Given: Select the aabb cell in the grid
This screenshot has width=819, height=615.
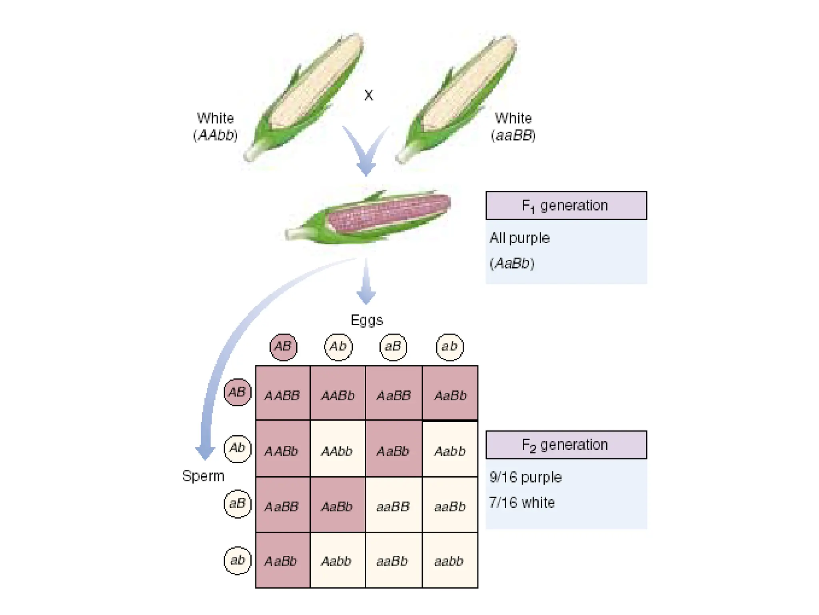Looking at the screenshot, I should click(x=449, y=561).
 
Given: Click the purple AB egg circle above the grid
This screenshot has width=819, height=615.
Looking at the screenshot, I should click(x=283, y=347).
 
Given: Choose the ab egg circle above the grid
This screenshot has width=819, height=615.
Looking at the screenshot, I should click(x=449, y=347).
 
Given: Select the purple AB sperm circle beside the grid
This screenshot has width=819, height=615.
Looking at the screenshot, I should click(x=238, y=392).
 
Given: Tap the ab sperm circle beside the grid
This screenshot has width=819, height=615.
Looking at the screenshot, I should click(x=238, y=560).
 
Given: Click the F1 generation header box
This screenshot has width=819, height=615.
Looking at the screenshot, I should click(x=566, y=206).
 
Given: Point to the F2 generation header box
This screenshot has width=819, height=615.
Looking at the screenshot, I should click(x=566, y=445).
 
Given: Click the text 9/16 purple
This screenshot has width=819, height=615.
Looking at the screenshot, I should click(x=525, y=477).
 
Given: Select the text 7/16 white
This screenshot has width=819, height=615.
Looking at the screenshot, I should click(x=522, y=503).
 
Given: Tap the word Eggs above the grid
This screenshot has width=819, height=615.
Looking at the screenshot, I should click(x=367, y=320).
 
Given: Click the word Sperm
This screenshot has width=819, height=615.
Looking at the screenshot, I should click(x=203, y=476).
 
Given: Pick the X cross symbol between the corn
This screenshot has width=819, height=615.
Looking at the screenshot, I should click(x=369, y=95).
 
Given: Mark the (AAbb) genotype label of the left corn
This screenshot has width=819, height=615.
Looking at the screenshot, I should click(x=215, y=135).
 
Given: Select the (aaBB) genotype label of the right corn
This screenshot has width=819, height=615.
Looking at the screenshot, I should click(x=513, y=135).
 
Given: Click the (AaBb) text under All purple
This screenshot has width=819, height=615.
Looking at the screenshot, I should click(x=512, y=263).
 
